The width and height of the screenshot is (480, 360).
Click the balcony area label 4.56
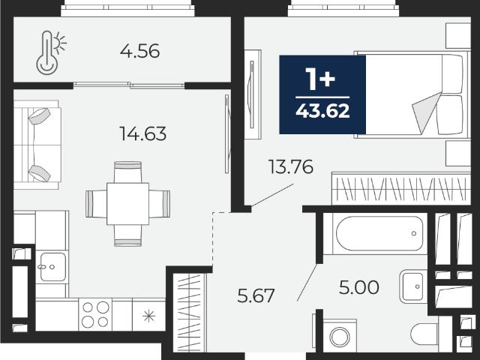pyautogui.click(x=139, y=51)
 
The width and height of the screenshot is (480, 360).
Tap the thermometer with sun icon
pyautogui.click(x=50, y=52)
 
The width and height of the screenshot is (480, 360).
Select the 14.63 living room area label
pyautogui.click(x=143, y=133)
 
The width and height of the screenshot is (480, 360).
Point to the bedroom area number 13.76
pyautogui.click(x=291, y=166)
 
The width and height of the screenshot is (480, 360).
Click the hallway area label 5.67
pyautogui.click(x=256, y=295)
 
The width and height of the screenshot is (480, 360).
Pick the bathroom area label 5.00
pyautogui.click(x=359, y=287)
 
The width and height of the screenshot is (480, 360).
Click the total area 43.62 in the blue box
pyautogui.click(x=322, y=111)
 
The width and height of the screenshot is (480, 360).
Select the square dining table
pyautogui.click(x=127, y=203)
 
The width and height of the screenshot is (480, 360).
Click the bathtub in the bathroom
pyautogui.click(x=379, y=233)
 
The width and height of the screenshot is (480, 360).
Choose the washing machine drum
pyautogui.click(x=340, y=337)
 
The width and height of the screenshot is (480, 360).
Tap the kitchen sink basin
pyautogui.click(x=53, y=267)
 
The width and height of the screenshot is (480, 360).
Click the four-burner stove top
pyautogui.click(x=95, y=314)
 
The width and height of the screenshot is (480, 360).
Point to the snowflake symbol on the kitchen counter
pyautogui.click(x=149, y=316)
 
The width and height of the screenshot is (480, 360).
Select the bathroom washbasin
pyautogui.click(x=413, y=286)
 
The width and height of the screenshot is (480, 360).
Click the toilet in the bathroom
pyautogui.click(x=425, y=334)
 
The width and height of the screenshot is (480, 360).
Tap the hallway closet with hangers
pyautogui.click(x=190, y=313)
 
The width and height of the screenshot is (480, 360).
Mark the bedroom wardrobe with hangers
pyautogui.click(x=401, y=188)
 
